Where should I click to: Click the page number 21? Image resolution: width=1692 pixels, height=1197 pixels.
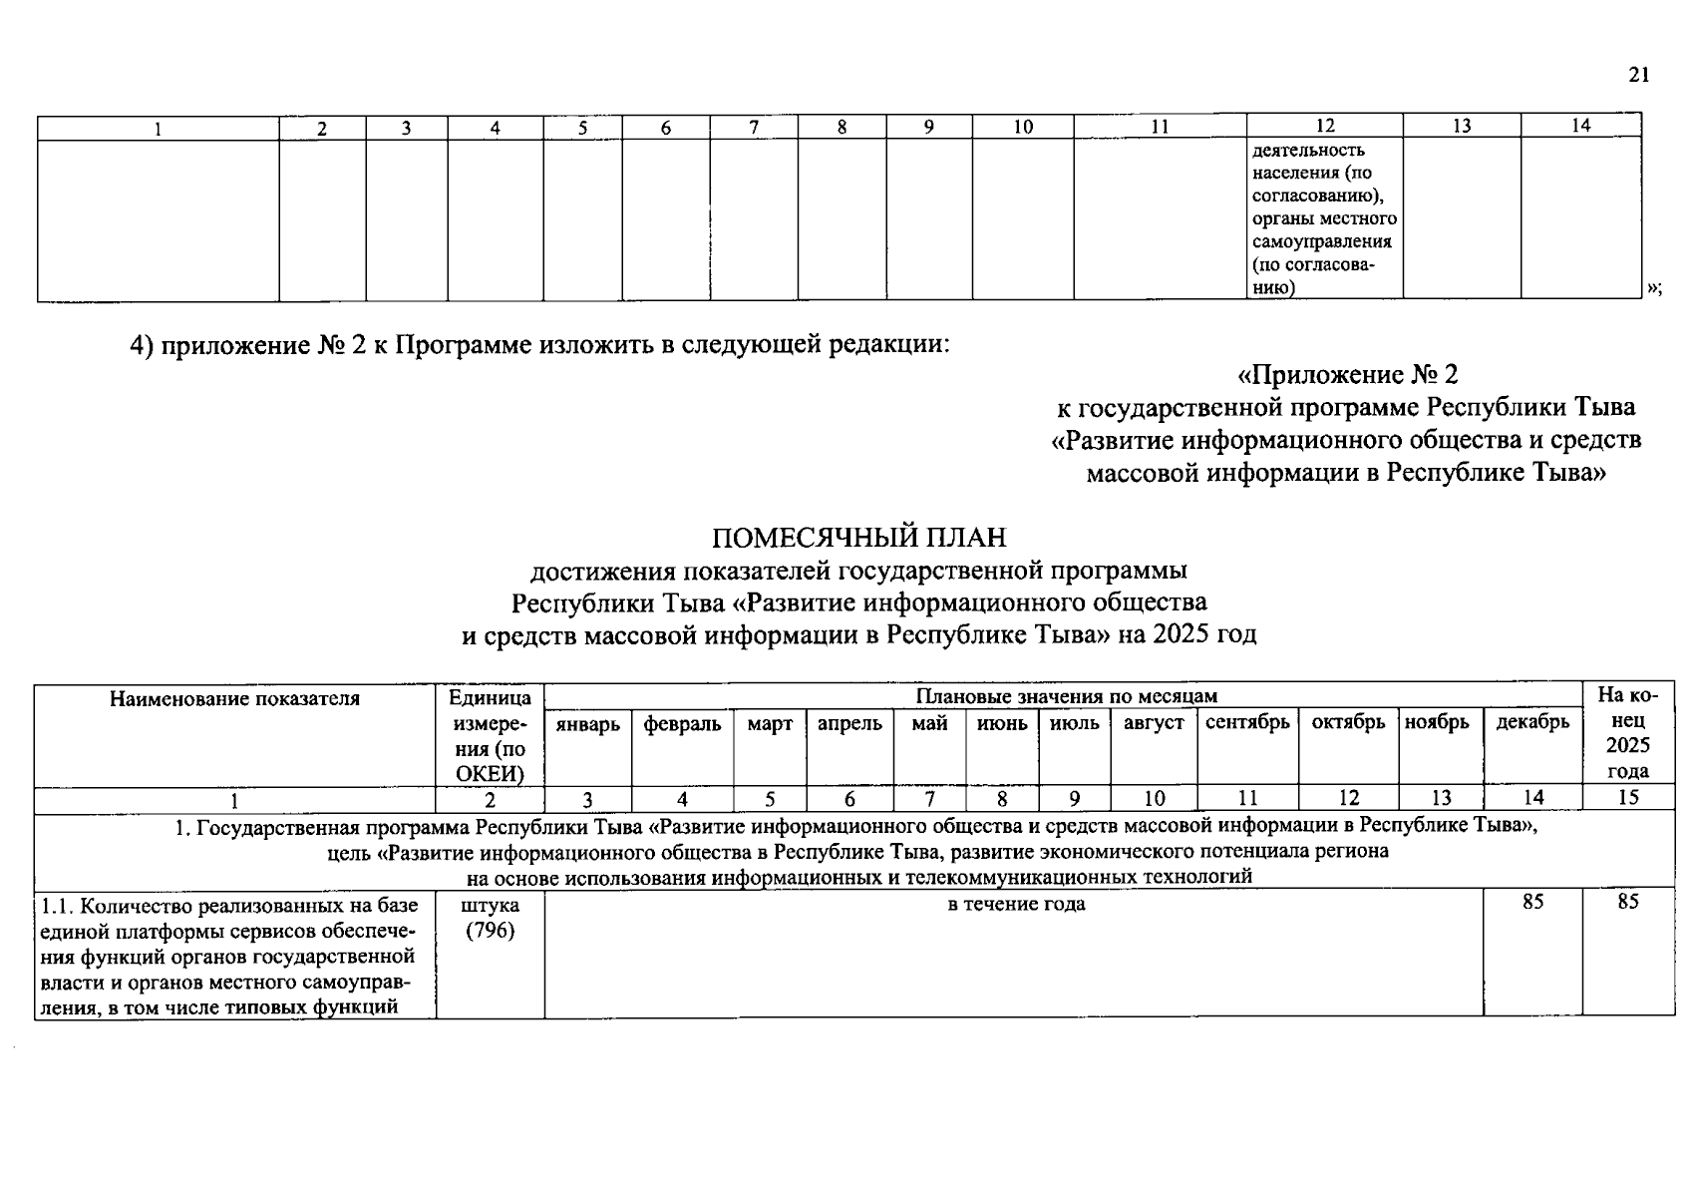[x=1639, y=76]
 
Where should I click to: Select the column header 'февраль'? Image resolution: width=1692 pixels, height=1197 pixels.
[x=682, y=724]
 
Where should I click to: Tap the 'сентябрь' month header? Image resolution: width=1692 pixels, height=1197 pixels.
[x=1247, y=722]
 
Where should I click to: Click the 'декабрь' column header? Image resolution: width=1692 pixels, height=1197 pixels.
[x=1532, y=722]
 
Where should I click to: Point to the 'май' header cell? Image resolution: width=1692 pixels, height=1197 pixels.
[x=929, y=723]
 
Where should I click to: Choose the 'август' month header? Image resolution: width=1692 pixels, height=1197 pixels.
[x=1154, y=723]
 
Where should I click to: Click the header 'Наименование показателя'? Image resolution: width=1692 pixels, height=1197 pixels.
[x=234, y=698]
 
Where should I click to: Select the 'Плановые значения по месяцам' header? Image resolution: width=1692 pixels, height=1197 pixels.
[x=1066, y=696]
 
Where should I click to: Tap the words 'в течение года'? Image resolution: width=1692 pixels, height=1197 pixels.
[x=1016, y=904]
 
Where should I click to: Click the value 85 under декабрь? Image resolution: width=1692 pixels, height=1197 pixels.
[x=1532, y=902]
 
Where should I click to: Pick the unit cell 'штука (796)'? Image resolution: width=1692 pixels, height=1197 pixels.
[x=491, y=919]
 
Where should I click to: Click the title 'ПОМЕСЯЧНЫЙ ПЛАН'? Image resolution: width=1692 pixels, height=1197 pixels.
[x=858, y=538]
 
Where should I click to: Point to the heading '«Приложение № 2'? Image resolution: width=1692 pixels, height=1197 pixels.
[x=1347, y=375]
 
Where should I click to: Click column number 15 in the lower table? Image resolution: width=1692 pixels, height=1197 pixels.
[x=1628, y=797]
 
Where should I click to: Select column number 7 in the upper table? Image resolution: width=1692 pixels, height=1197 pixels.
[x=754, y=127]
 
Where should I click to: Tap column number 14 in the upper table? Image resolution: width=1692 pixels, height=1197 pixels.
[x=1580, y=126]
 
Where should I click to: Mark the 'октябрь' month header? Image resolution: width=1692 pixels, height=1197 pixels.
[x=1348, y=722]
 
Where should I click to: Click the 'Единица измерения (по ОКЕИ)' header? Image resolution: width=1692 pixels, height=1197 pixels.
[x=491, y=735]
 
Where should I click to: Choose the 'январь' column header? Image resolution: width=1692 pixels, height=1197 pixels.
[x=587, y=724]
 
